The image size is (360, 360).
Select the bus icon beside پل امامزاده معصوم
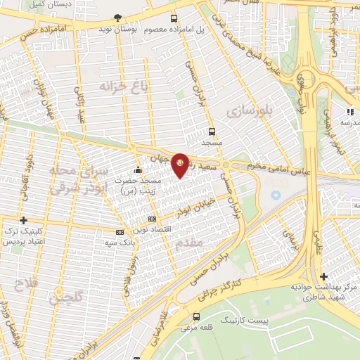click(x=174, y=19)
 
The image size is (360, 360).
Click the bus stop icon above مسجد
click(x=212, y=131)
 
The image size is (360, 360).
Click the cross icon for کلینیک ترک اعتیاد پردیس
click(x=24, y=220)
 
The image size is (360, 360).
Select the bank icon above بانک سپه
click(x=120, y=231)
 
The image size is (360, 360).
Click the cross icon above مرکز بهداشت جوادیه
click(x=323, y=276)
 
